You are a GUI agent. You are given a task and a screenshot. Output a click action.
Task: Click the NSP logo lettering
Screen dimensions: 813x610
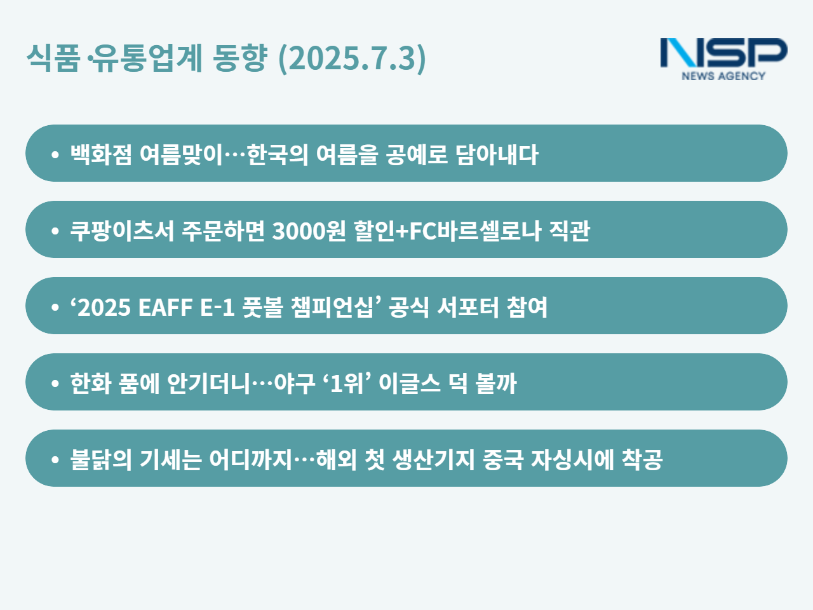[723, 53]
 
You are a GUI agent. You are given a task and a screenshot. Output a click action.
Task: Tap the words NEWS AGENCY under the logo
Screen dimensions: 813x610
[723, 76]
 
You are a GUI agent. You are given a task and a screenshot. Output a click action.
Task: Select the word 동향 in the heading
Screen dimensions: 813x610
[240, 58]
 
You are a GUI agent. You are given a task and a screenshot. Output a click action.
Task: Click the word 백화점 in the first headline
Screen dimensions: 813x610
[101, 154]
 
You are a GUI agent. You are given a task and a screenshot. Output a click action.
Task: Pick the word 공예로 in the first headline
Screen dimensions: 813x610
[417, 154]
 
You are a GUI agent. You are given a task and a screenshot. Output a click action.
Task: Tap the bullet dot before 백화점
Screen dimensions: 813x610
[55, 154]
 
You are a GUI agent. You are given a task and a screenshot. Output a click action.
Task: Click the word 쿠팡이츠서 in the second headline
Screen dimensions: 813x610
[122, 231]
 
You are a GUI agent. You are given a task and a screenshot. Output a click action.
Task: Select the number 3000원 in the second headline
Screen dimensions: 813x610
[309, 231]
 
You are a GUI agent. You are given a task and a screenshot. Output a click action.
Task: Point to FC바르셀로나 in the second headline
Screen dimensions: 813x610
[475, 231]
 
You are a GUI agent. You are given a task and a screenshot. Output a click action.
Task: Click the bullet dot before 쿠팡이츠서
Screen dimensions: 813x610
[55, 231]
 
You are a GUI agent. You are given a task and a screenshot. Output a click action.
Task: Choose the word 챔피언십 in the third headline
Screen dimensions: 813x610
[332, 307]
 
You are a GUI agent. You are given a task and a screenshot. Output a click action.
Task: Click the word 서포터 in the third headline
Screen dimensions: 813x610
[468, 307]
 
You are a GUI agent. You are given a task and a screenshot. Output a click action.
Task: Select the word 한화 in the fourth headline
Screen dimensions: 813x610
[91, 383]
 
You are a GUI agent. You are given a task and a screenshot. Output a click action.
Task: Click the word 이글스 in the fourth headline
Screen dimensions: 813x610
[410, 383]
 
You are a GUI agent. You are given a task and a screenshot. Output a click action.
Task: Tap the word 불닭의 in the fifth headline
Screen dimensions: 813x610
[101, 459]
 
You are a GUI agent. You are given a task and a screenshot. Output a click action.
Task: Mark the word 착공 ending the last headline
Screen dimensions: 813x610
[642, 459]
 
